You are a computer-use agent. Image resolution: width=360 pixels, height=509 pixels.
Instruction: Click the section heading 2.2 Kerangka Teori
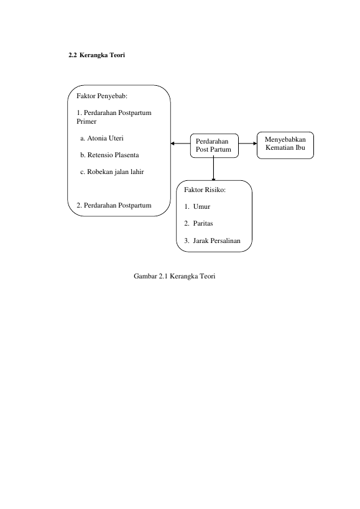(x=97, y=55)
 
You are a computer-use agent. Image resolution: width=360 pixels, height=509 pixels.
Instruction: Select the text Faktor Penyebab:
(x=102, y=96)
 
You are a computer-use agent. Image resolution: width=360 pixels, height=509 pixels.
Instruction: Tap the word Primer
(x=86, y=121)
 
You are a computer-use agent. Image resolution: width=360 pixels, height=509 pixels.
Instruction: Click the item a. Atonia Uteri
(x=102, y=139)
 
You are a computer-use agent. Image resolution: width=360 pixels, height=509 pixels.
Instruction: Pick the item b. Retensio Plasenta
(x=109, y=155)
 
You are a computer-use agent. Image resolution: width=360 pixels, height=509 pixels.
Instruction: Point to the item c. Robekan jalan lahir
(x=112, y=172)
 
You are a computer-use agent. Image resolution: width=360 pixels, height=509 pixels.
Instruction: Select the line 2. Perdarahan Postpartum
(x=114, y=206)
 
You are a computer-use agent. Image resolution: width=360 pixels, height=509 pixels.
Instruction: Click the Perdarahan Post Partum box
(x=215, y=146)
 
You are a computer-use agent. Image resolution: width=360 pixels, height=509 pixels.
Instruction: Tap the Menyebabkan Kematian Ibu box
(x=285, y=145)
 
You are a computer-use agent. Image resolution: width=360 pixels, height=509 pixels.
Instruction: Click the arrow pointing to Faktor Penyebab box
(x=180, y=144)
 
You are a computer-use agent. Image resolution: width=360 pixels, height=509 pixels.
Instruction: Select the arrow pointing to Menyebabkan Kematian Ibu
(x=247, y=144)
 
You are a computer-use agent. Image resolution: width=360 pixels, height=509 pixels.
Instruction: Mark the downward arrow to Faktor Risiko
(x=214, y=169)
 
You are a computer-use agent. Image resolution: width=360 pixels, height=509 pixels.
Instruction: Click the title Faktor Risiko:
(x=205, y=190)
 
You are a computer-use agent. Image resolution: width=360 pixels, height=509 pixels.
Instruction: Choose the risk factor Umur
(x=201, y=207)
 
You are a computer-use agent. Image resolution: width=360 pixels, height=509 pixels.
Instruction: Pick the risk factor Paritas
(x=203, y=224)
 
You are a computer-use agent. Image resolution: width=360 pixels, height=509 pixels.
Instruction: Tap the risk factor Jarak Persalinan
(x=217, y=241)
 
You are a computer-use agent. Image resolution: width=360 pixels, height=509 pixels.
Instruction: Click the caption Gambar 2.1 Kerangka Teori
(x=175, y=276)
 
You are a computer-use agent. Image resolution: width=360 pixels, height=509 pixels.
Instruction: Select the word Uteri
(x=116, y=139)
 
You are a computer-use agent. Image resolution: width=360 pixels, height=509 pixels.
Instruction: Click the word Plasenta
(x=126, y=155)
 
